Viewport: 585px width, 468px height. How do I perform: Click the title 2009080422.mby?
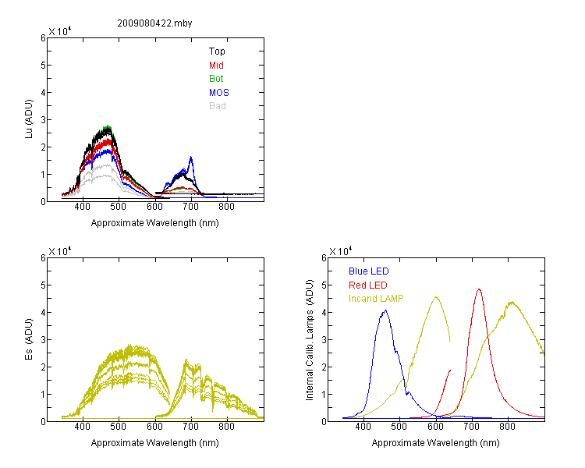pos(154,23)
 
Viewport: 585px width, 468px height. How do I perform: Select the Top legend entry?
pos(217,51)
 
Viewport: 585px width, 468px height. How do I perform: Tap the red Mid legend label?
pos(216,66)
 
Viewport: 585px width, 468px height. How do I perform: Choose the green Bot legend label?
pos(216,79)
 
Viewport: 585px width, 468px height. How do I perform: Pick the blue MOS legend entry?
pos(219,93)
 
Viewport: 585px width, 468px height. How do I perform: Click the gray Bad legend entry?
pos(218,106)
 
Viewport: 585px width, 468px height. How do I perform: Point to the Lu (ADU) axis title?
pos(29,119)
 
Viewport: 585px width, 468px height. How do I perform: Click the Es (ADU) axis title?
pos(29,339)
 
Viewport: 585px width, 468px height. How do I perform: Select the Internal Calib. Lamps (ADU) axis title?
pos(310,340)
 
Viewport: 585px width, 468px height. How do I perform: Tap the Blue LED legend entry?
pos(369,271)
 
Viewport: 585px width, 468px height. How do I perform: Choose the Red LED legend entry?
pos(368,285)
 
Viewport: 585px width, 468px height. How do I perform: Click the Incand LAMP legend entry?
pos(376,299)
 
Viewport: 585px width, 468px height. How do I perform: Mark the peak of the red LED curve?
pos(479,289)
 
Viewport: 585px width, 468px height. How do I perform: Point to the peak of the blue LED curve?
pos(385,310)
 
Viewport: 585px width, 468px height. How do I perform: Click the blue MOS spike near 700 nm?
pos(191,157)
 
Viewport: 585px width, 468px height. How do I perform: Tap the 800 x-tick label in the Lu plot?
pos(226,207)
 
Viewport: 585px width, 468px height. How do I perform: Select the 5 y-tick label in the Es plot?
pos(43,285)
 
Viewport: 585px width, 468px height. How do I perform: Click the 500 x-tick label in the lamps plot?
pos(399,427)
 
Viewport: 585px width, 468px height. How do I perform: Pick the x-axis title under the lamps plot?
pos(435,443)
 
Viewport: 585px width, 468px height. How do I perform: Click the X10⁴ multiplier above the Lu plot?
pos(60,31)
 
